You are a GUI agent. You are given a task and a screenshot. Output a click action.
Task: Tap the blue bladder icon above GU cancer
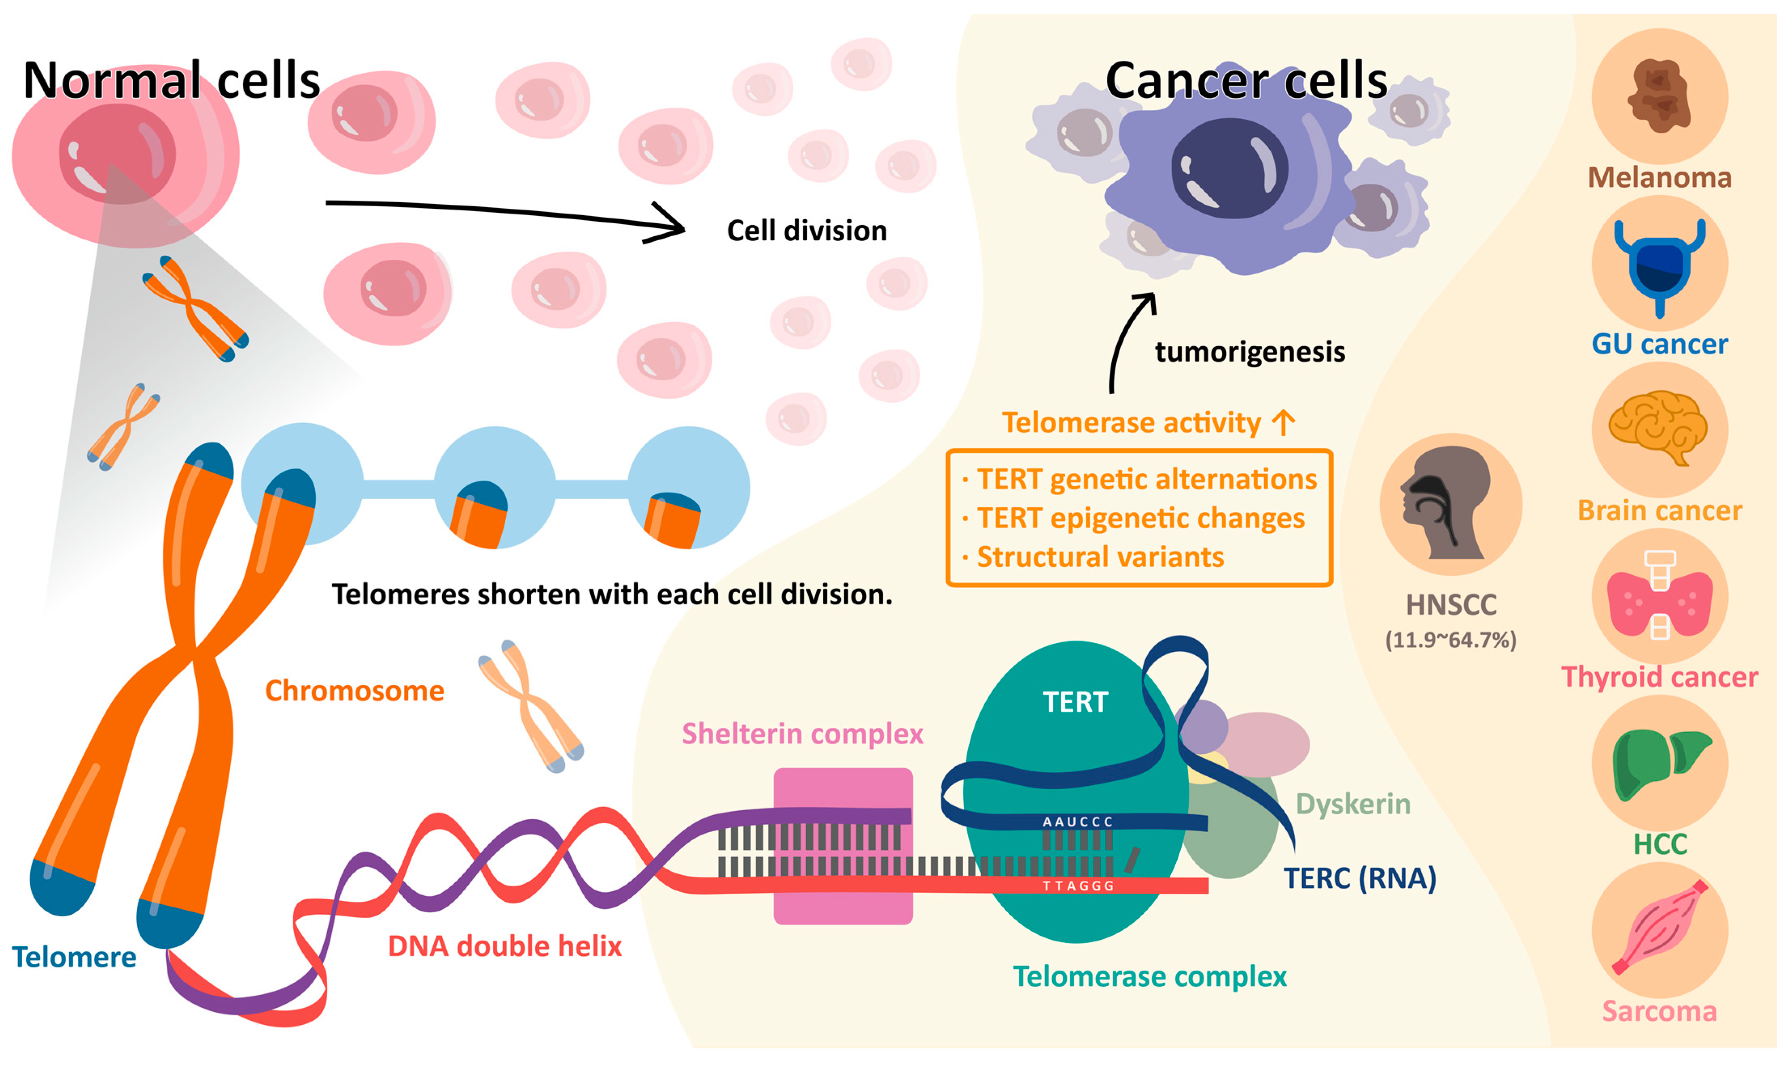tap(1659, 266)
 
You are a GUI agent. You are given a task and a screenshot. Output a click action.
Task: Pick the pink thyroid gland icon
tap(1659, 596)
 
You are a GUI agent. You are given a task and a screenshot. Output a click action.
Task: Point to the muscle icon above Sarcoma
tap(1659, 928)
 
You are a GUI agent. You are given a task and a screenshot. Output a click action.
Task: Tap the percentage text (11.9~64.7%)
tap(1451, 640)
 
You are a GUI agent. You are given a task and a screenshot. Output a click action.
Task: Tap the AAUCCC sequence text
tap(1077, 822)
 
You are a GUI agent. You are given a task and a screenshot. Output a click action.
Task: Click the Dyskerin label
tap(1353, 804)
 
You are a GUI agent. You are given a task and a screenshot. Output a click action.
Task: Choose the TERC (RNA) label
tap(1359, 878)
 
